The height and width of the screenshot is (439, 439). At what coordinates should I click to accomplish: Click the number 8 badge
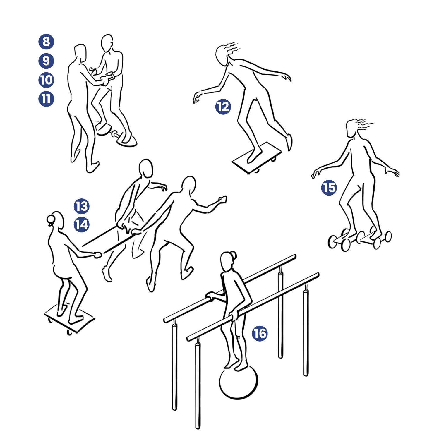pyautogui.click(x=46, y=42)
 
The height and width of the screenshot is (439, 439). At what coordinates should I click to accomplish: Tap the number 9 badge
pyautogui.click(x=46, y=61)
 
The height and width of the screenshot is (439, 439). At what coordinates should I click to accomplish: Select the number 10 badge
pyautogui.click(x=46, y=80)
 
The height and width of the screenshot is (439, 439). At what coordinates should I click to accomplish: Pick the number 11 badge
pyautogui.click(x=46, y=99)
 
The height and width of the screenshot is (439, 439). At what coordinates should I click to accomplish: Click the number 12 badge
pyautogui.click(x=223, y=107)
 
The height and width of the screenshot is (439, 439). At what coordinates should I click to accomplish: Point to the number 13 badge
pyautogui.click(x=81, y=206)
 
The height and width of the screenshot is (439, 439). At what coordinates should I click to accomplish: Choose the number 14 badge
pyautogui.click(x=81, y=224)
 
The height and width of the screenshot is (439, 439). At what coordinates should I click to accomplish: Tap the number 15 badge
pyautogui.click(x=329, y=188)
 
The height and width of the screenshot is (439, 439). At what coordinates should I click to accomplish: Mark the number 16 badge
pyautogui.click(x=260, y=333)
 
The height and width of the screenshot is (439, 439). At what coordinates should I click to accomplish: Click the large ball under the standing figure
pyautogui.click(x=239, y=382)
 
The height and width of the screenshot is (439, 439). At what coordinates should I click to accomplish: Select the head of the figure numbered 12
pyautogui.click(x=221, y=55)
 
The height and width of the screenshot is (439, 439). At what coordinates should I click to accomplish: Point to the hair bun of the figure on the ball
pyautogui.click(x=233, y=255)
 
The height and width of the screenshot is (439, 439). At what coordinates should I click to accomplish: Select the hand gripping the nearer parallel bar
pyautogui.click(x=234, y=315)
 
